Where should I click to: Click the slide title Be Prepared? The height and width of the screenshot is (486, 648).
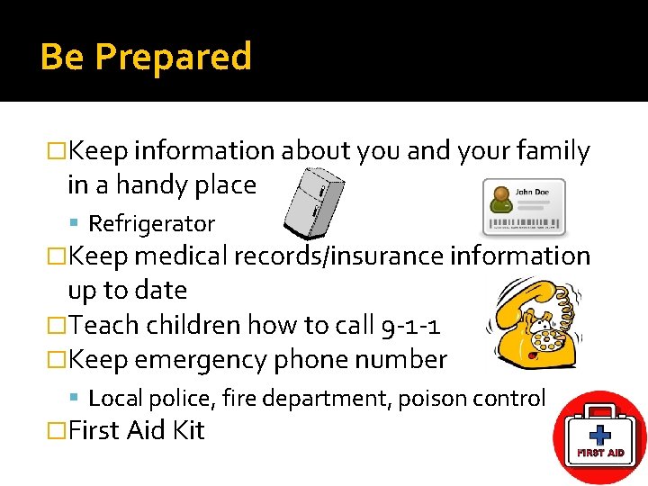tap(146, 57)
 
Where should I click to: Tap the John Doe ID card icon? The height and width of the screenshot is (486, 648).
tap(524, 206)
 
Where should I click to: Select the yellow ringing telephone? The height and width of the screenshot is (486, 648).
tap(530, 325)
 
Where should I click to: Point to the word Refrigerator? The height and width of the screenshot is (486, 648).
tap(151, 223)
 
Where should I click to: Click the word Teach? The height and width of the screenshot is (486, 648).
tap(98, 325)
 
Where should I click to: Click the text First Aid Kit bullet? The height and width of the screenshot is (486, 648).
tap(136, 430)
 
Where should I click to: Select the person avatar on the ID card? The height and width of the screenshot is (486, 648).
tap(498, 201)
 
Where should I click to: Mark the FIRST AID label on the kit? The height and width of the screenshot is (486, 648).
tap(600, 453)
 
